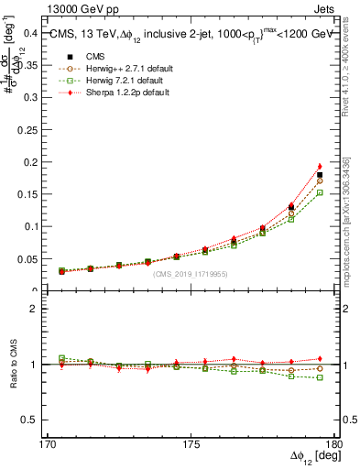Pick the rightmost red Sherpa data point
click(x=320, y=167)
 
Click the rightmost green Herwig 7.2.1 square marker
click(x=320, y=193)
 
